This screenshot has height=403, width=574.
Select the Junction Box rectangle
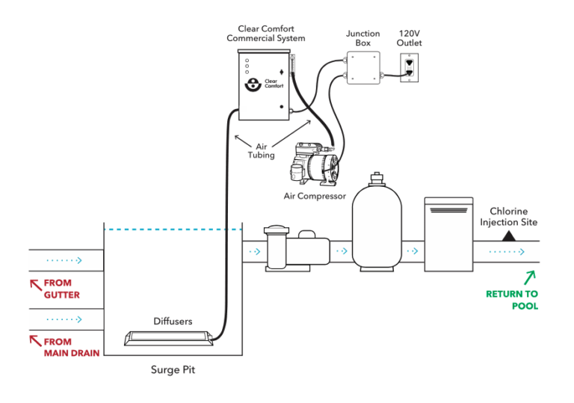(x=362, y=68)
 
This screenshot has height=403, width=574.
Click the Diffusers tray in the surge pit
(x=169, y=339)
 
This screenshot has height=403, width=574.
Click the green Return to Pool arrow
(x=528, y=277)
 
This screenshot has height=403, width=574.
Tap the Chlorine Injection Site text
(x=508, y=217)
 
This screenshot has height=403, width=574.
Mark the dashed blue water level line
(x=173, y=229)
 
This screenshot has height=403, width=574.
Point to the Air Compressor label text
(x=314, y=196)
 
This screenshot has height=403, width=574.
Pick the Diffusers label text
(x=173, y=322)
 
